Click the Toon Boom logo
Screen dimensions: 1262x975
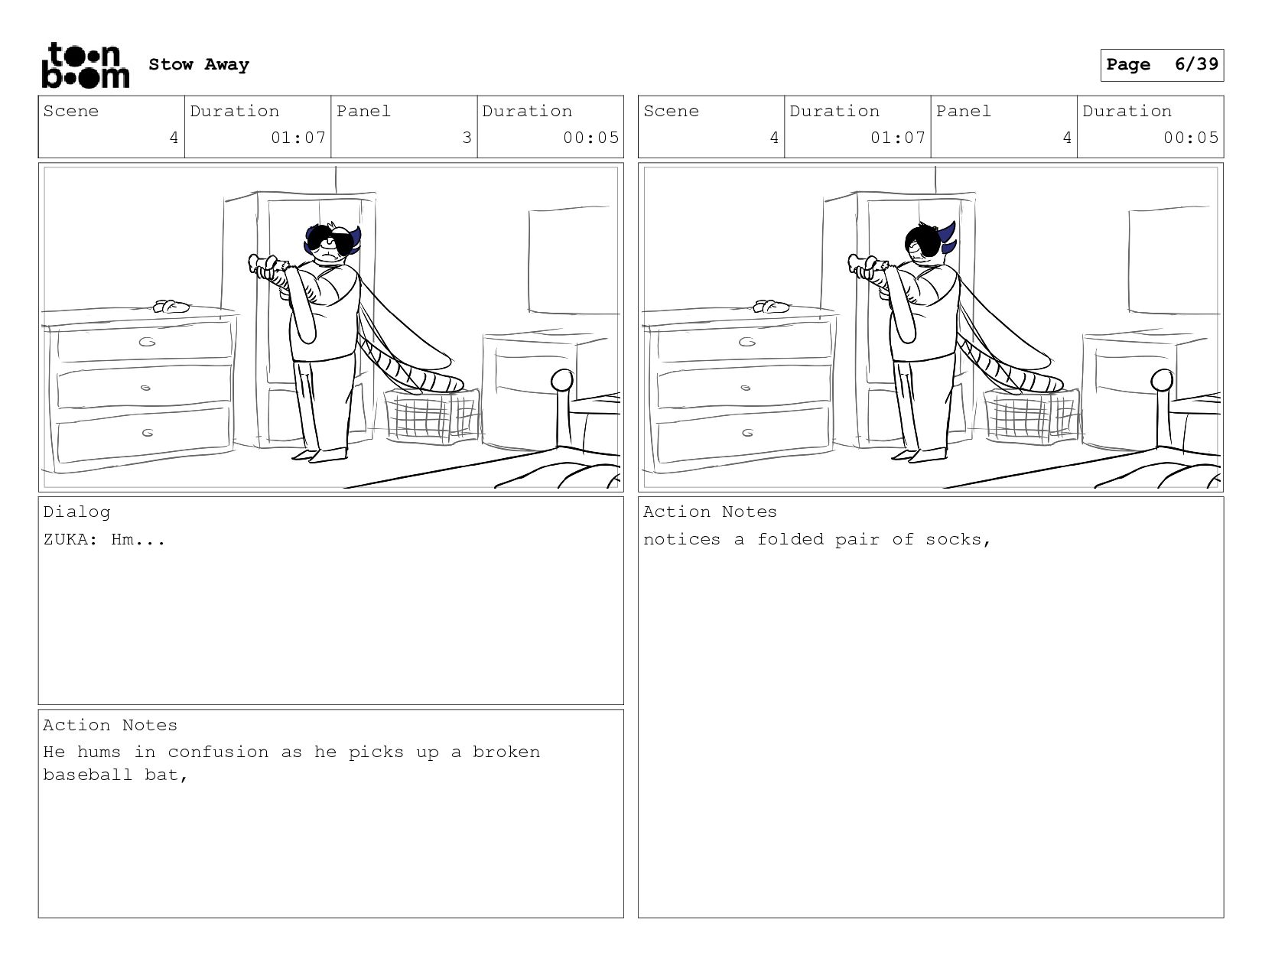pos(86,65)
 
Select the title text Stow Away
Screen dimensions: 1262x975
pos(199,64)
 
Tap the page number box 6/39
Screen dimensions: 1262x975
pos(1162,65)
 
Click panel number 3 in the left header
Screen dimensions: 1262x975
pos(467,138)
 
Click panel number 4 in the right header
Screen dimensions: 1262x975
pos(1067,138)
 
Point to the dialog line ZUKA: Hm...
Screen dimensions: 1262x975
pos(105,539)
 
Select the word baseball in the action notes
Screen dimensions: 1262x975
pos(88,775)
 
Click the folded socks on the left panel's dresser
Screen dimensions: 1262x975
pos(171,306)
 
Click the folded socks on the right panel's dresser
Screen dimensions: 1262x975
pos(771,306)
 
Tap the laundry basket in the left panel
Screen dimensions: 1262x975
pos(432,415)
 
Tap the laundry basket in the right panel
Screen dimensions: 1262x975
pos(1032,415)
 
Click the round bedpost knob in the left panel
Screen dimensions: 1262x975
pos(561,381)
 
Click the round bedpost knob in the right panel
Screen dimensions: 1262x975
pos(1162,381)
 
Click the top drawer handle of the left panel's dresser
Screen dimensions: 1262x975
pos(147,342)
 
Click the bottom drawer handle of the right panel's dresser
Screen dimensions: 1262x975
pos(747,433)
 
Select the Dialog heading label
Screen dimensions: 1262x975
pos(76,512)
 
